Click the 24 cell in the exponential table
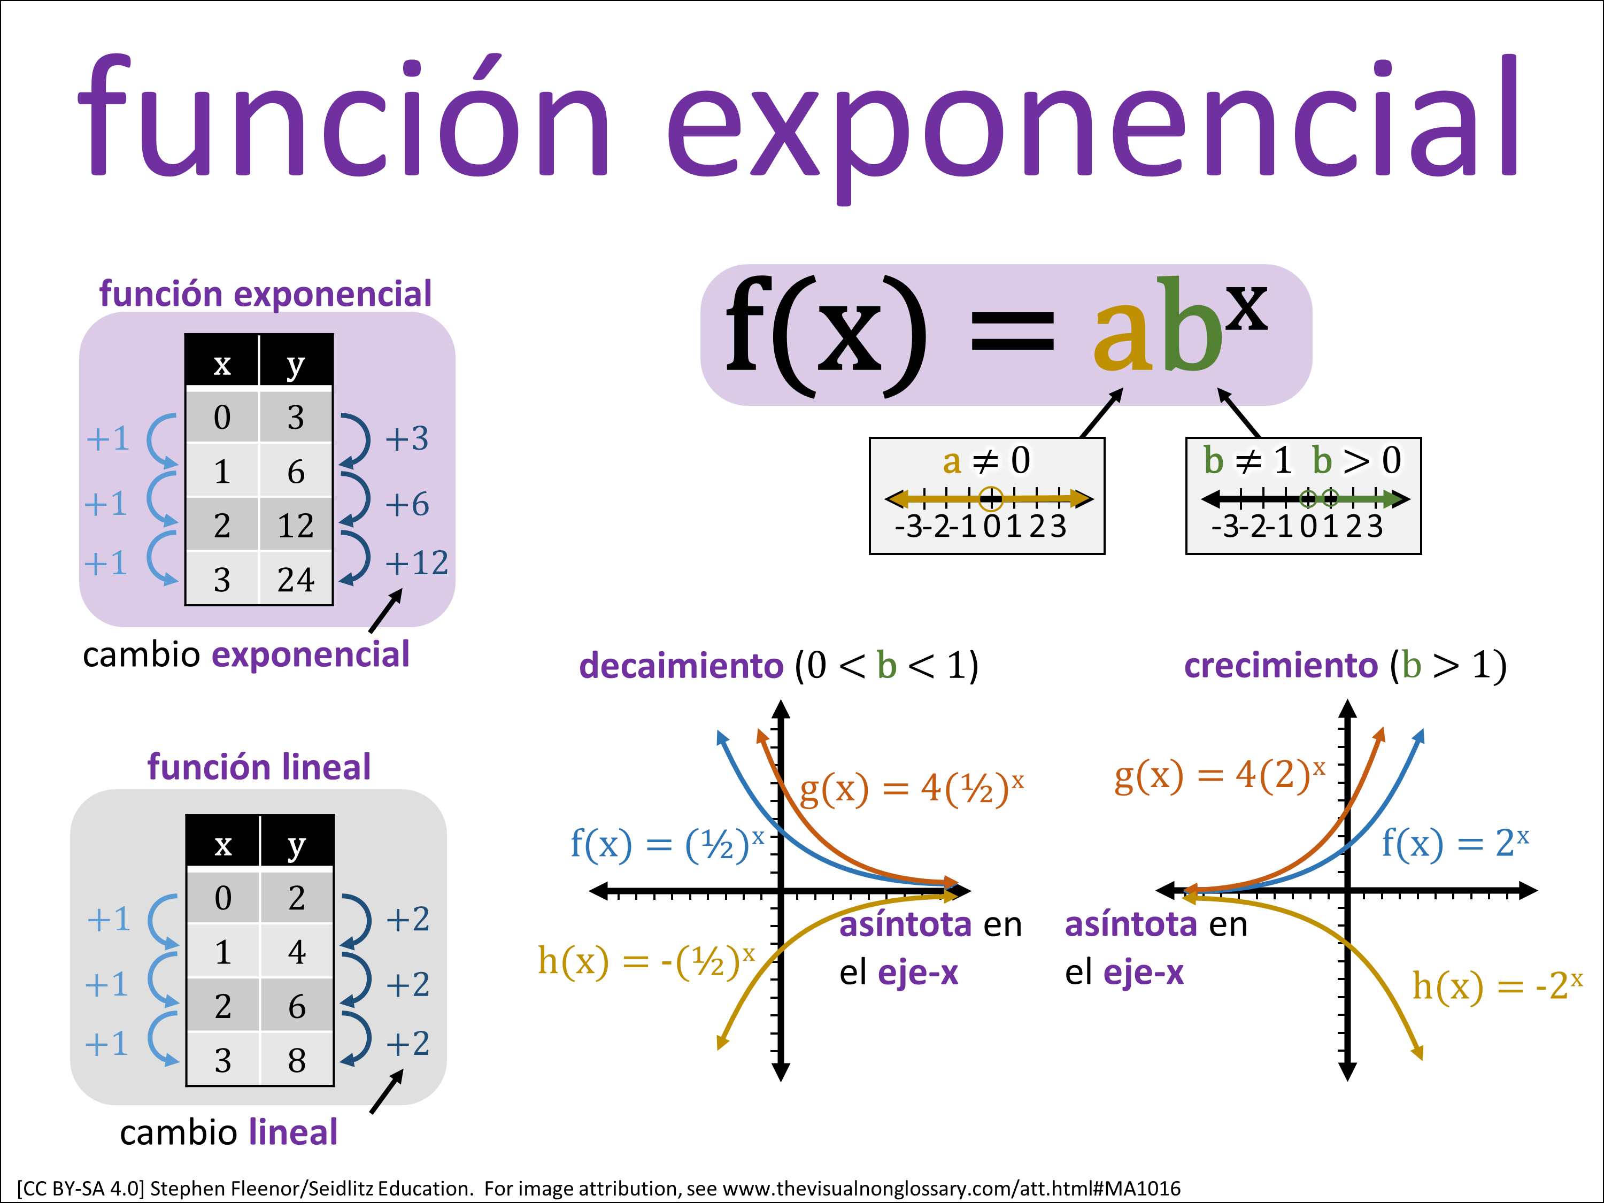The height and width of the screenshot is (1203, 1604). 296,578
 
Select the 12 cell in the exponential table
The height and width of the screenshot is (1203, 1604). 296,525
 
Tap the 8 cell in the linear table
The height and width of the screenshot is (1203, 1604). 297,1059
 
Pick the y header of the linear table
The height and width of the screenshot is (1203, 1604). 297,843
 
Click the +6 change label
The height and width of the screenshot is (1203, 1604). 407,504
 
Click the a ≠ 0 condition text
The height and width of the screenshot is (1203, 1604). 986,460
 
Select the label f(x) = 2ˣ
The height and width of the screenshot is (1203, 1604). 1455,843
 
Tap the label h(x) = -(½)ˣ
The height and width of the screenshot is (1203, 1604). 646,961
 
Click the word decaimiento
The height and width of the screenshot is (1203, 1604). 682,666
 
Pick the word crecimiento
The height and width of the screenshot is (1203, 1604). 1281,666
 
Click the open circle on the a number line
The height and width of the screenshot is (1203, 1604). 991,498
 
